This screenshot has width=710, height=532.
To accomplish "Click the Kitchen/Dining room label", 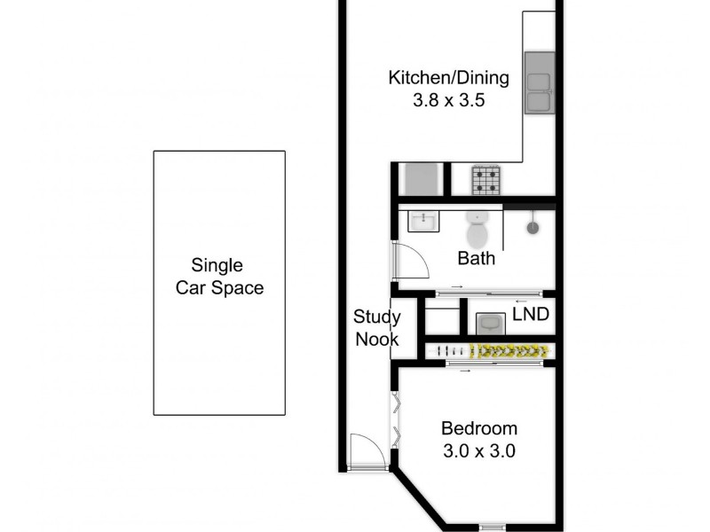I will coord(449,78).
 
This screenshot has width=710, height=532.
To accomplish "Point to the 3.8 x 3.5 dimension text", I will coord(449,100).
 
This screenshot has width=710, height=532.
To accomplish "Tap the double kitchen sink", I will coord(538,82).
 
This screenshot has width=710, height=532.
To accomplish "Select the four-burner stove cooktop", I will coord(486,180).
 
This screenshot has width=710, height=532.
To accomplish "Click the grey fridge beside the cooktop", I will coord(423,180).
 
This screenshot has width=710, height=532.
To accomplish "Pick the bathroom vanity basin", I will coord(423,220).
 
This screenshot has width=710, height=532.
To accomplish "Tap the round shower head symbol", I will coord(533,227).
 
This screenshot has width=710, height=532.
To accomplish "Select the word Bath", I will coord(477,260).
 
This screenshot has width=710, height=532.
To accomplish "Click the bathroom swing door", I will coord(410,262).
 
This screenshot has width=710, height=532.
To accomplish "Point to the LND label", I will coord(531,315).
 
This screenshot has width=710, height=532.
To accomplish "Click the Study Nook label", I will coord(377,327).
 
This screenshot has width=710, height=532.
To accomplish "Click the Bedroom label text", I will coord(479,429).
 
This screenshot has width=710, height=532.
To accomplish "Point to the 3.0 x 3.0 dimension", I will coord(479,450).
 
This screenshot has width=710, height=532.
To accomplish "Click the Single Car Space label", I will coord(219,277).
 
